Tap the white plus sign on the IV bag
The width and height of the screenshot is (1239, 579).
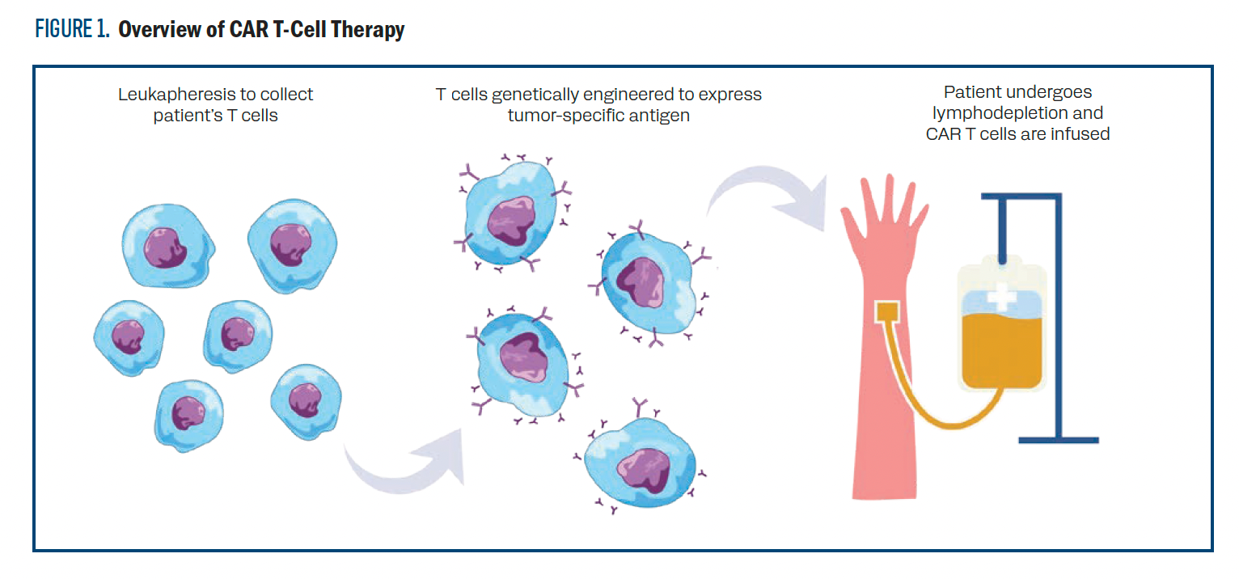point(1002,295)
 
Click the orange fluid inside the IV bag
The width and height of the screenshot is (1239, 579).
point(1001,348)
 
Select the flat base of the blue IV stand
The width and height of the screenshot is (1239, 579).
point(1059,440)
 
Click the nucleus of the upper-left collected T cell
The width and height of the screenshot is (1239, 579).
point(167,247)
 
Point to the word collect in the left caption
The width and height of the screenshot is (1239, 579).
point(287,95)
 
